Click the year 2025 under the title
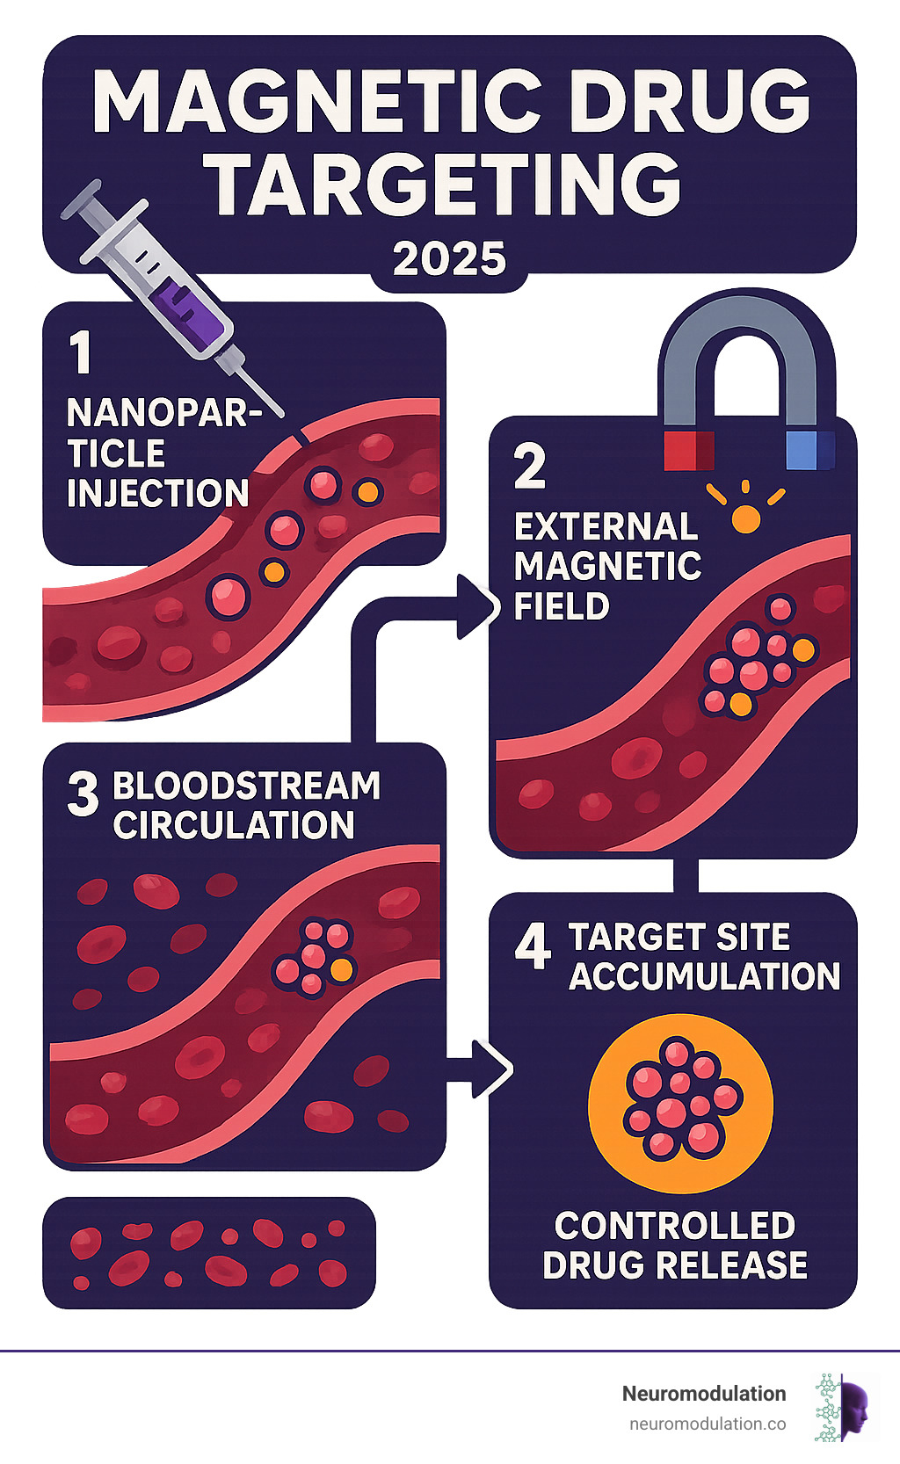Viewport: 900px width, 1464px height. (449, 259)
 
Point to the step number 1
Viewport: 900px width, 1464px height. (81, 352)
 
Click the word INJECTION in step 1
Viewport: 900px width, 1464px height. (158, 494)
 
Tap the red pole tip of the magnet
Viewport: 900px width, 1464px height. (688, 449)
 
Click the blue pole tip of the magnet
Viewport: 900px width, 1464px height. (809, 449)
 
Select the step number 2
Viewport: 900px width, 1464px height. (530, 467)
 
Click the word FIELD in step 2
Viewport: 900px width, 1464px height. (562, 607)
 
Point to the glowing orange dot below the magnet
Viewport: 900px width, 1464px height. (745, 518)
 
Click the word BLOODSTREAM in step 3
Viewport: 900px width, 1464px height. (247, 786)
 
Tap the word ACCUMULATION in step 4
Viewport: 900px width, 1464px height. (704, 976)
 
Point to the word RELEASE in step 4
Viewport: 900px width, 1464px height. (737, 1265)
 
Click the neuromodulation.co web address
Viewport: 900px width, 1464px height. (708, 1424)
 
